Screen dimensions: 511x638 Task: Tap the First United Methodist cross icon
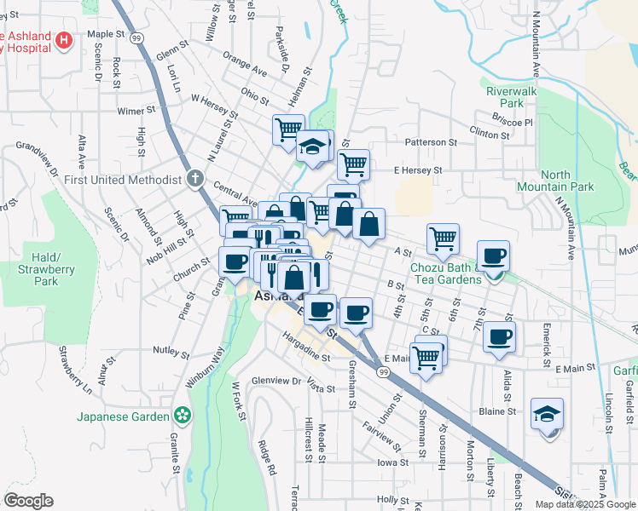pyautogui.click(x=194, y=179)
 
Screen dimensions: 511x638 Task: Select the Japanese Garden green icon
pyautogui.click(x=181, y=416)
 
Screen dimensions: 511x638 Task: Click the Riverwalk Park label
pyautogui.click(x=510, y=96)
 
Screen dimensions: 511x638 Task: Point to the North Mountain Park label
pyautogui.click(x=543, y=181)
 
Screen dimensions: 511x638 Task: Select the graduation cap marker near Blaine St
pyautogui.click(x=546, y=415)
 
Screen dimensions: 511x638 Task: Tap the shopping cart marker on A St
pyautogui.click(x=443, y=238)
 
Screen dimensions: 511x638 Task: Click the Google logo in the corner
pyautogui.click(x=28, y=501)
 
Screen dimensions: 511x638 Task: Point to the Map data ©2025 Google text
pyautogui.click(x=584, y=504)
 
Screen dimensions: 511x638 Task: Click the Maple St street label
pyautogui.click(x=107, y=35)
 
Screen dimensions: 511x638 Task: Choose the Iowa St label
pyautogui.click(x=394, y=462)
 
